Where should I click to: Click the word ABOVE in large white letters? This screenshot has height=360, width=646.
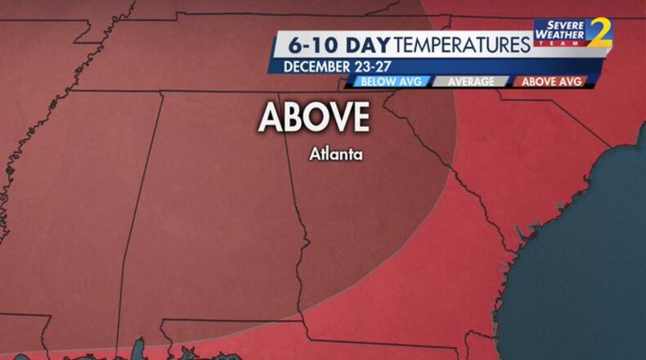[314, 119]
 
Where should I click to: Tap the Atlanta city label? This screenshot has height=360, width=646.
[335, 153]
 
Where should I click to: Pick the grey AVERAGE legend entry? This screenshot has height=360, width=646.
[470, 82]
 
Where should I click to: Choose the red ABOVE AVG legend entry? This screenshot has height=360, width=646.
[550, 82]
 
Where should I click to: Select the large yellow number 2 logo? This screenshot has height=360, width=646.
[599, 33]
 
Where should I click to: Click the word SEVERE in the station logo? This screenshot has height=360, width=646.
[559, 25]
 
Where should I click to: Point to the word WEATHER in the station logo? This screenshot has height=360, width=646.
[559, 34]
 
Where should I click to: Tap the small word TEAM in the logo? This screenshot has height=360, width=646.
[559, 43]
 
